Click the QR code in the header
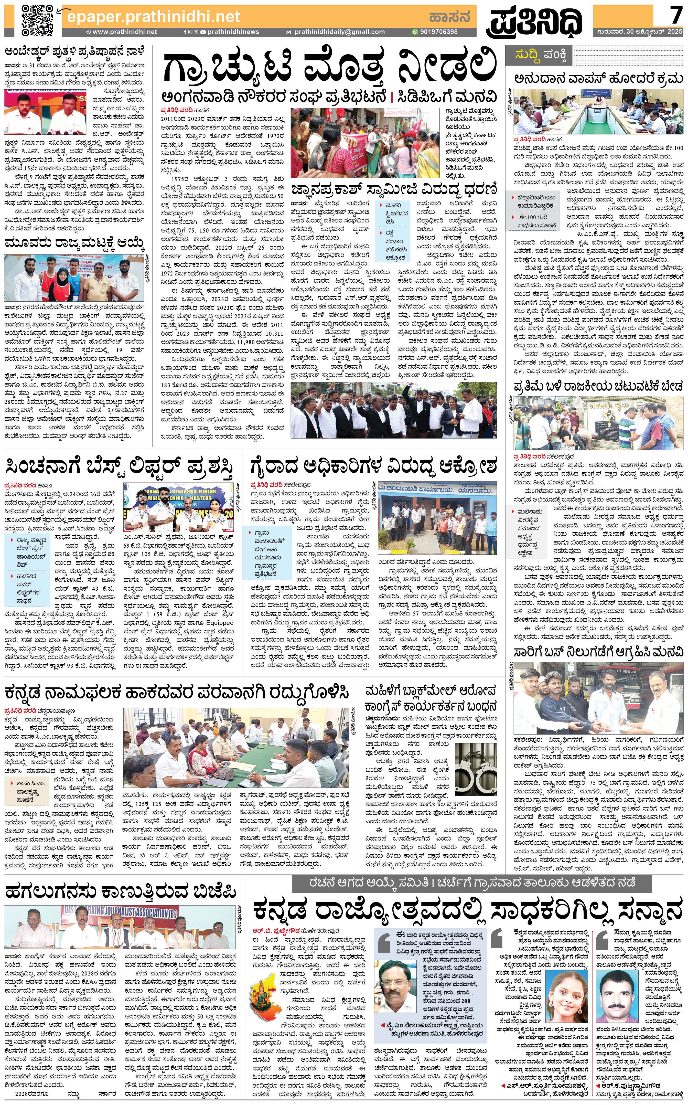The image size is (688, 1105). coord(37,20)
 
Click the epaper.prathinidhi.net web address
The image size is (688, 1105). coord(153,17)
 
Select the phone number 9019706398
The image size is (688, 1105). coord(438,32)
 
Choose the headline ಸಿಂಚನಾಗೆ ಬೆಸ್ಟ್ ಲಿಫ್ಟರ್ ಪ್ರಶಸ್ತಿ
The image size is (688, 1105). coord(119,467)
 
